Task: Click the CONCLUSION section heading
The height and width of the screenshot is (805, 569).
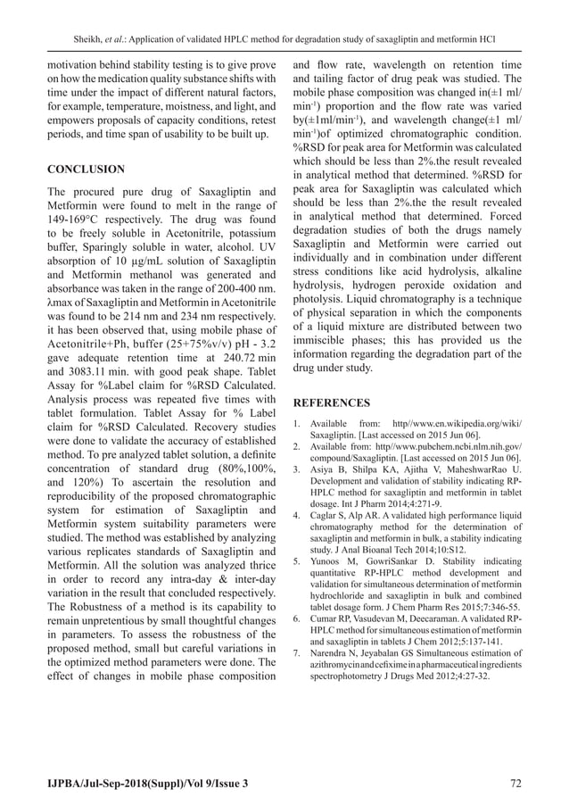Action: (86, 169)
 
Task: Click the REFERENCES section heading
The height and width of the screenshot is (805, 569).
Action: (333, 402)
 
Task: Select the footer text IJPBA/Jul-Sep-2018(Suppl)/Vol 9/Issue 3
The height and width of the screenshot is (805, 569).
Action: (148, 783)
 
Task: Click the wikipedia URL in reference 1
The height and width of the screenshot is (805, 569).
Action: (462, 423)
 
